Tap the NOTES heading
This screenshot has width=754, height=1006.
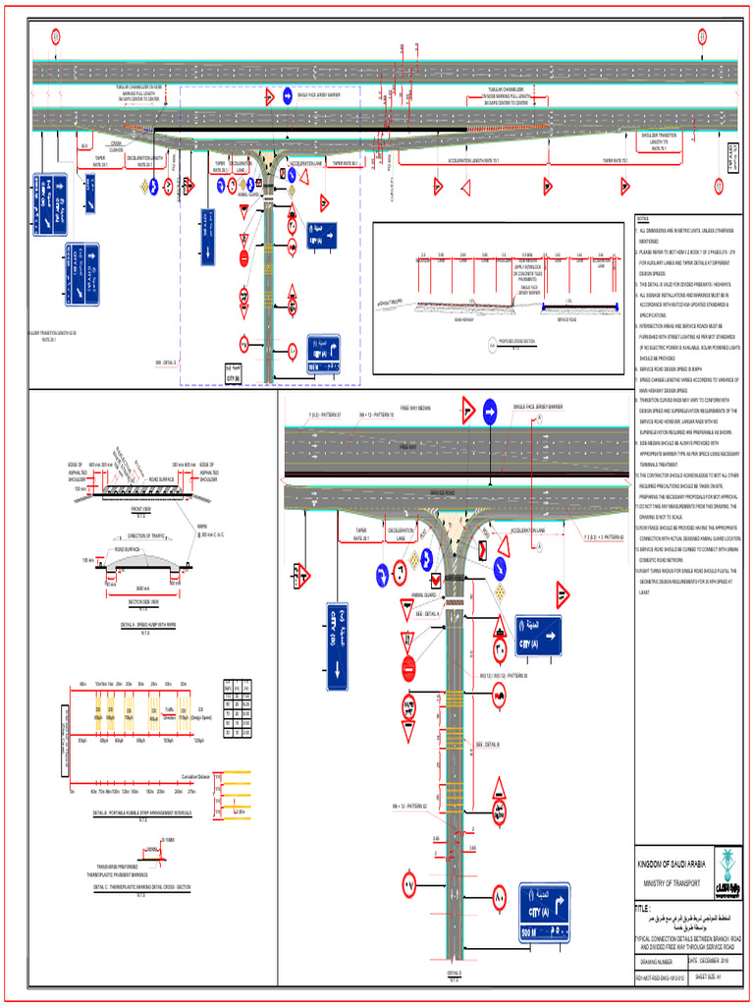[x=644, y=218]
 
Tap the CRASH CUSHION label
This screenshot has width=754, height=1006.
[x=115, y=144]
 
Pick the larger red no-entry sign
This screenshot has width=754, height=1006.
[x=409, y=667]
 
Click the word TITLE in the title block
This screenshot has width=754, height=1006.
[x=644, y=910]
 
